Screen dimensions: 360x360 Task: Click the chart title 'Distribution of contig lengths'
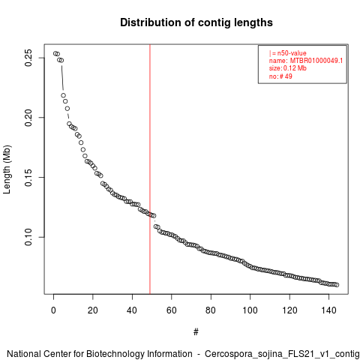pyautogui.click(x=196, y=22)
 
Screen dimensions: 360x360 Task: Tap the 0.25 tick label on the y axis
pyautogui.click(x=28, y=58)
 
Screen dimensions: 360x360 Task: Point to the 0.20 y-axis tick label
pyautogui.click(x=28, y=118)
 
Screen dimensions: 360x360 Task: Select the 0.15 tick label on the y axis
pyautogui.click(x=28, y=177)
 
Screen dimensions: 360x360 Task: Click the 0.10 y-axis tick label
pyautogui.click(x=28, y=237)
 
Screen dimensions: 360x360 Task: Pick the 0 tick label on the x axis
pyautogui.click(x=53, y=310)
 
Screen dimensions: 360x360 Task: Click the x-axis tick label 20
pyautogui.click(x=93, y=310)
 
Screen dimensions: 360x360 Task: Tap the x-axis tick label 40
pyautogui.click(x=132, y=310)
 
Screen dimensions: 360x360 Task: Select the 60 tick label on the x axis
pyautogui.click(x=172, y=310)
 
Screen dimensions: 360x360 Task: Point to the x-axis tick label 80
pyautogui.click(x=211, y=310)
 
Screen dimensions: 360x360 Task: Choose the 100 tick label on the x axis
pyautogui.click(x=250, y=310)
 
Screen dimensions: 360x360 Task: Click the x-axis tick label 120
pyautogui.click(x=289, y=310)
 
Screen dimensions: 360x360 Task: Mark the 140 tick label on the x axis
pyautogui.click(x=328, y=310)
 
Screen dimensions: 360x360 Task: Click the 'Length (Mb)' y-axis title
pyautogui.click(x=7, y=169)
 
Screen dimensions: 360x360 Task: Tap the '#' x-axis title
pyautogui.click(x=196, y=332)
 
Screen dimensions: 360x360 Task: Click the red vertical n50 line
pyautogui.click(x=150, y=169)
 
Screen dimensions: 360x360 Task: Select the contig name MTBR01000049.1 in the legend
pyautogui.click(x=316, y=61)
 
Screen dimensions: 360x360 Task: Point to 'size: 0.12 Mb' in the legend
pyautogui.click(x=288, y=68)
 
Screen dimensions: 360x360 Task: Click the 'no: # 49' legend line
pyautogui.click(x=280, y=76)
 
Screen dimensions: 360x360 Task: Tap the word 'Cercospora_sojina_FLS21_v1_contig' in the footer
pyautogui.click(x=282, y=354)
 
